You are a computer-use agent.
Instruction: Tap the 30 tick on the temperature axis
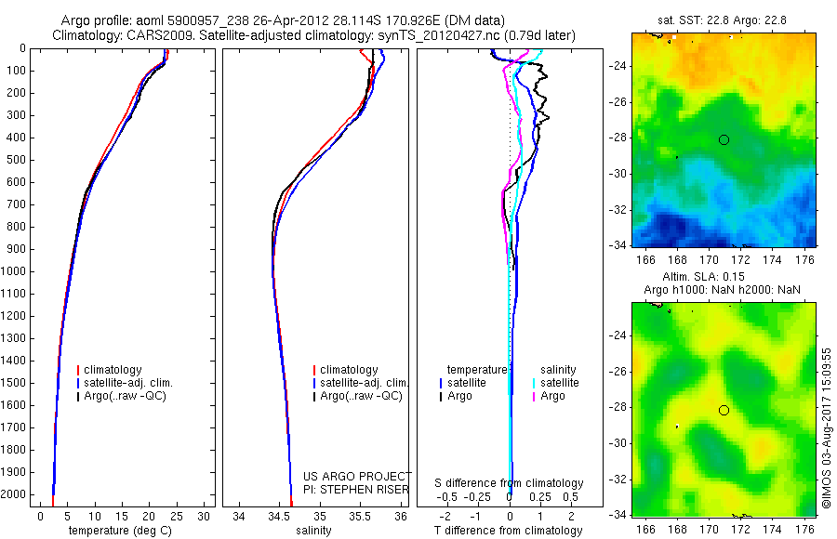204,516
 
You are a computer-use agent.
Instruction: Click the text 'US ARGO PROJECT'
357,476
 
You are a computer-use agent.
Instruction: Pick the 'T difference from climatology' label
510,531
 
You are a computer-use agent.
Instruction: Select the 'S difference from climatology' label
510,483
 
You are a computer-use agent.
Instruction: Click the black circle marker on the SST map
724,139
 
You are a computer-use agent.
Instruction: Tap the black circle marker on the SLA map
724,410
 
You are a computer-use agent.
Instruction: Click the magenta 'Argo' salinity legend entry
552,397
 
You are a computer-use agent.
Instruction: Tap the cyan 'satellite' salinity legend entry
559,383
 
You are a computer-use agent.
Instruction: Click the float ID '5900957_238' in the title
199,20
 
